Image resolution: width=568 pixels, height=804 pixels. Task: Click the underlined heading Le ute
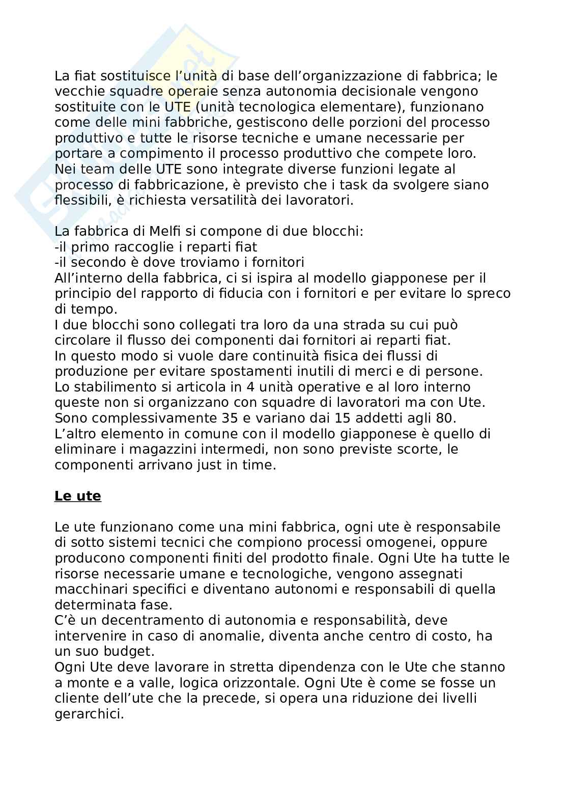pyautogui.click(x=77, y=496)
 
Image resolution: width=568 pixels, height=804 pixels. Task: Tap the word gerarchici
pyautogui.click(x=89, y=714)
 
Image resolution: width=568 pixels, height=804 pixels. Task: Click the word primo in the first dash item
pyautogui.click(x=90, y=247)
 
